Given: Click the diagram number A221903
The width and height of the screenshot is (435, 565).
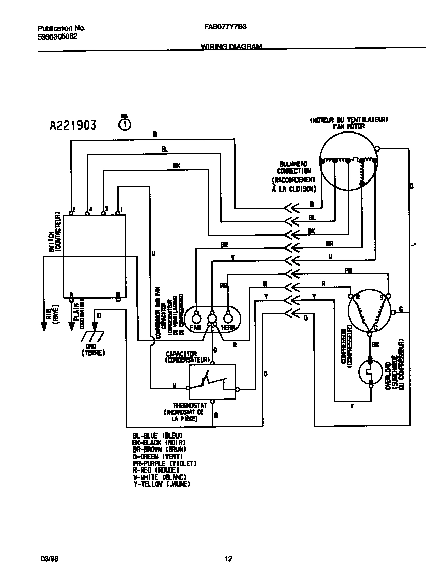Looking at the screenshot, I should [x=73, y=125].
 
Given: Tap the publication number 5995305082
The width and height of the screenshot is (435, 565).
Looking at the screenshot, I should [x=58, y=36].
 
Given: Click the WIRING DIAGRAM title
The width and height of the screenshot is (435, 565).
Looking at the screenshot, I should [x=231, y=46].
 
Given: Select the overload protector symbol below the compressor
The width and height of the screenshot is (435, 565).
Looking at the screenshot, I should [x=370, y=372].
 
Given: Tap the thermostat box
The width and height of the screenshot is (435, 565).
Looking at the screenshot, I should [x=212, y=382].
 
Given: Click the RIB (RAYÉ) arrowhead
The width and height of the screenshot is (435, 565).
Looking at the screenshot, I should [x=43, y=327].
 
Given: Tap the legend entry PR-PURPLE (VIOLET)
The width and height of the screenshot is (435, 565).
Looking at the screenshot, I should [x=161, y=463].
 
